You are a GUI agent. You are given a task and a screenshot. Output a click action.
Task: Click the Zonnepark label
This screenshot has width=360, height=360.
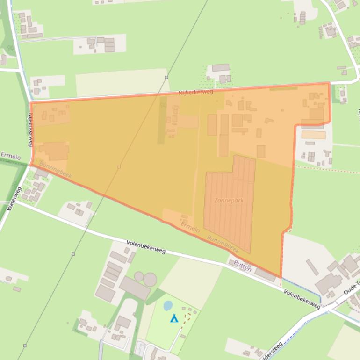(x=229, y=201)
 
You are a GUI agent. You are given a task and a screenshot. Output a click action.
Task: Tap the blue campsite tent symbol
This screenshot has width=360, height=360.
(x=174, y=318)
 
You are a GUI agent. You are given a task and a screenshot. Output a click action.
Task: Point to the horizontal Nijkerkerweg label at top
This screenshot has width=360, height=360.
(x=195, y=93)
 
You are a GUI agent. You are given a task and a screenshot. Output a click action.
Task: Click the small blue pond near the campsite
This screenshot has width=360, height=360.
(x=168, y=306)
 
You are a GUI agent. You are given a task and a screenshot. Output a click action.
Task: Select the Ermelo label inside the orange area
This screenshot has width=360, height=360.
(x=190, y=228)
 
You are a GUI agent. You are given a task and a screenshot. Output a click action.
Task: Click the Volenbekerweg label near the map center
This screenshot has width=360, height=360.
(x=146, y=247)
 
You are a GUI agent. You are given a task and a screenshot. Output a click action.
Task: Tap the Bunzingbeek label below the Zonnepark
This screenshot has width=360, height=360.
(x=223, y=243)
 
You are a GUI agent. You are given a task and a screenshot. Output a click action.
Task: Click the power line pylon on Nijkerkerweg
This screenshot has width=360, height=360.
(x=166, y=77)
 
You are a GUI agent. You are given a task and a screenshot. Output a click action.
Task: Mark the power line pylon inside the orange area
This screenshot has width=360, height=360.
(x=119, y=167)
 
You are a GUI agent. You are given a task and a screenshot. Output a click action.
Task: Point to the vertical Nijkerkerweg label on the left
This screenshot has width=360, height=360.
(x=31, y=130)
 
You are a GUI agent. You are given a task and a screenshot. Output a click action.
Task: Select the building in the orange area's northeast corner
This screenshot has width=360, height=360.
(x=317, y=115)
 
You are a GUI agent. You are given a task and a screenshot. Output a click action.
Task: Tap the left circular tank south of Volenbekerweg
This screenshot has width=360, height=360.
(x=139, y=276)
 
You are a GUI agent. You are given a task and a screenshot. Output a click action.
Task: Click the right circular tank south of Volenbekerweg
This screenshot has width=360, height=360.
(x=150, y=280)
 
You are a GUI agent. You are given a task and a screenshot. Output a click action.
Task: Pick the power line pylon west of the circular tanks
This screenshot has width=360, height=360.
(x=73, y=254)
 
